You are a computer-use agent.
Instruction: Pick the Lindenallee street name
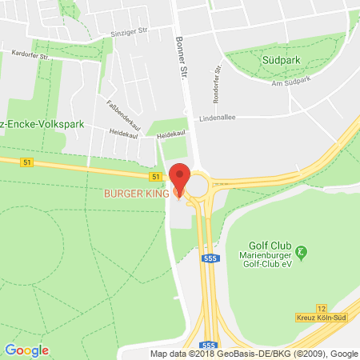pyautogui.click(x=258, y=116)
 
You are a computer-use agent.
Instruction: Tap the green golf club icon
pyautogui.click(x=301, y=252)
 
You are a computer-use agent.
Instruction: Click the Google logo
pyautogui.click(x=26, y=350)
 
